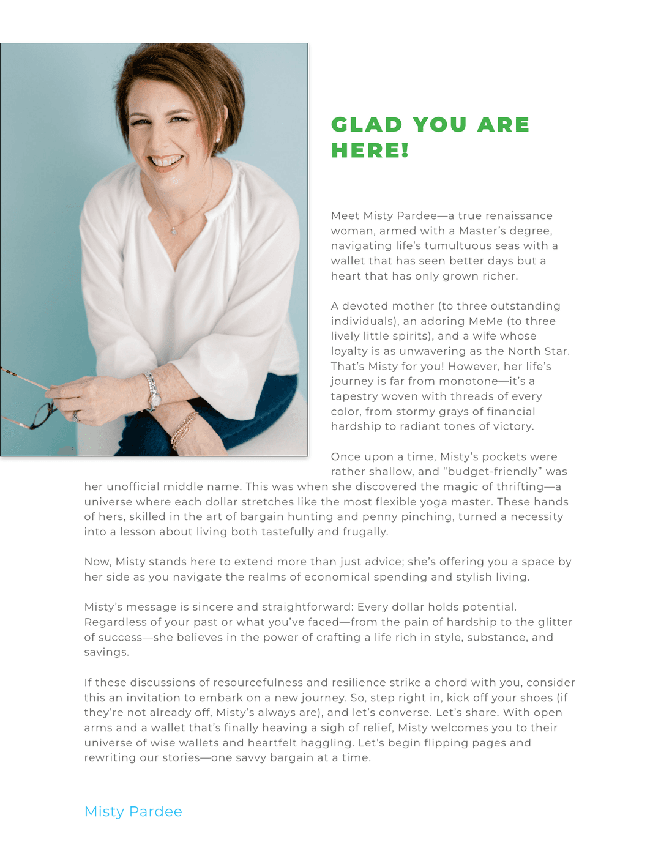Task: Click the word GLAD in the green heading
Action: [367, 125]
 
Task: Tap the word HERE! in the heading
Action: [370, 151]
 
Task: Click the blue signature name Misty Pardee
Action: [133, 811]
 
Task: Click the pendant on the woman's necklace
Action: [174, 231]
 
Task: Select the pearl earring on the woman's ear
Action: [218, 140]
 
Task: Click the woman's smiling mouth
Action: [166, 162]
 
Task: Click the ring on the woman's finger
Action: [77, 417]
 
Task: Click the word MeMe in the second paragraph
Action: [485, 321]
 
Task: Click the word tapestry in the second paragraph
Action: [354, 396]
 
